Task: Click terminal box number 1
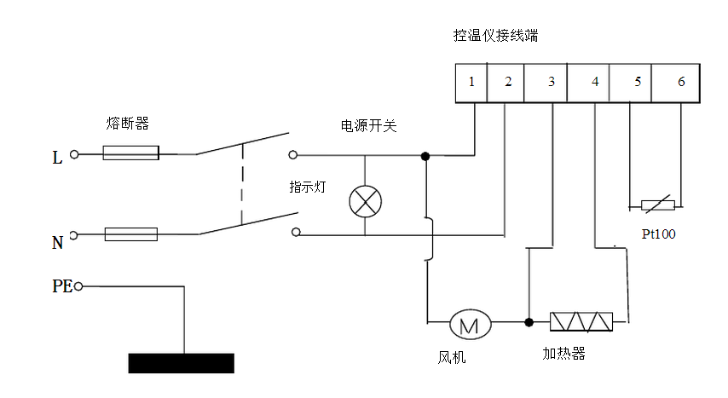471,83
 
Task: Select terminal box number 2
508,83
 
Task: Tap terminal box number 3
551,83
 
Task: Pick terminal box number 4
594,83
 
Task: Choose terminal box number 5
638,83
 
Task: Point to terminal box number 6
680,83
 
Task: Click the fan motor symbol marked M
470,323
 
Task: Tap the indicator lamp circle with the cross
366,202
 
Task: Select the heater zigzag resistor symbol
581,322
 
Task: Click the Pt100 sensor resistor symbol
657,205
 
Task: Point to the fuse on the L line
130,153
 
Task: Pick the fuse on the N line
130,234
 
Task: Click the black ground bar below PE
181,362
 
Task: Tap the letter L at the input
57,158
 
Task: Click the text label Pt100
658,234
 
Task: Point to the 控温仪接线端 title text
496,37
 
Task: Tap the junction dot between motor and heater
529,322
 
